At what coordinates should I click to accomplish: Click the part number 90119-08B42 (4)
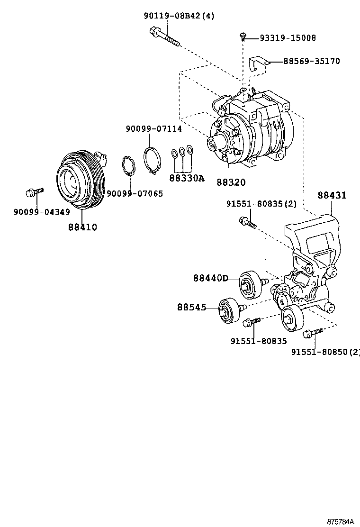179,16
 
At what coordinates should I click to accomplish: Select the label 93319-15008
288,37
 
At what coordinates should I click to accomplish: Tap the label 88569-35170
312,61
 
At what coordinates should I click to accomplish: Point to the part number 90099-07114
154,129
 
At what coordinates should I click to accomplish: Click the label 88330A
187,178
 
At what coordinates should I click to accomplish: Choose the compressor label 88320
231,182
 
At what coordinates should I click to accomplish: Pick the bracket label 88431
332,195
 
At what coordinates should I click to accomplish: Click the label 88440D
211,278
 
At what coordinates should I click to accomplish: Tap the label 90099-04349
42,212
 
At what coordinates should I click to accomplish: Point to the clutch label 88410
82,227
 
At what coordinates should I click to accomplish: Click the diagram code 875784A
341,522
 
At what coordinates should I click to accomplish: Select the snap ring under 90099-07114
152,161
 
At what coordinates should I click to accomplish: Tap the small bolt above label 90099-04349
35,192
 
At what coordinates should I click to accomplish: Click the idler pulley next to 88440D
250,284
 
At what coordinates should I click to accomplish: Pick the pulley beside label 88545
229,311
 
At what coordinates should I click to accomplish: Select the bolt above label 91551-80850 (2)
313,333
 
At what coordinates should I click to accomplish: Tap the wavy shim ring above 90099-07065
129,166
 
